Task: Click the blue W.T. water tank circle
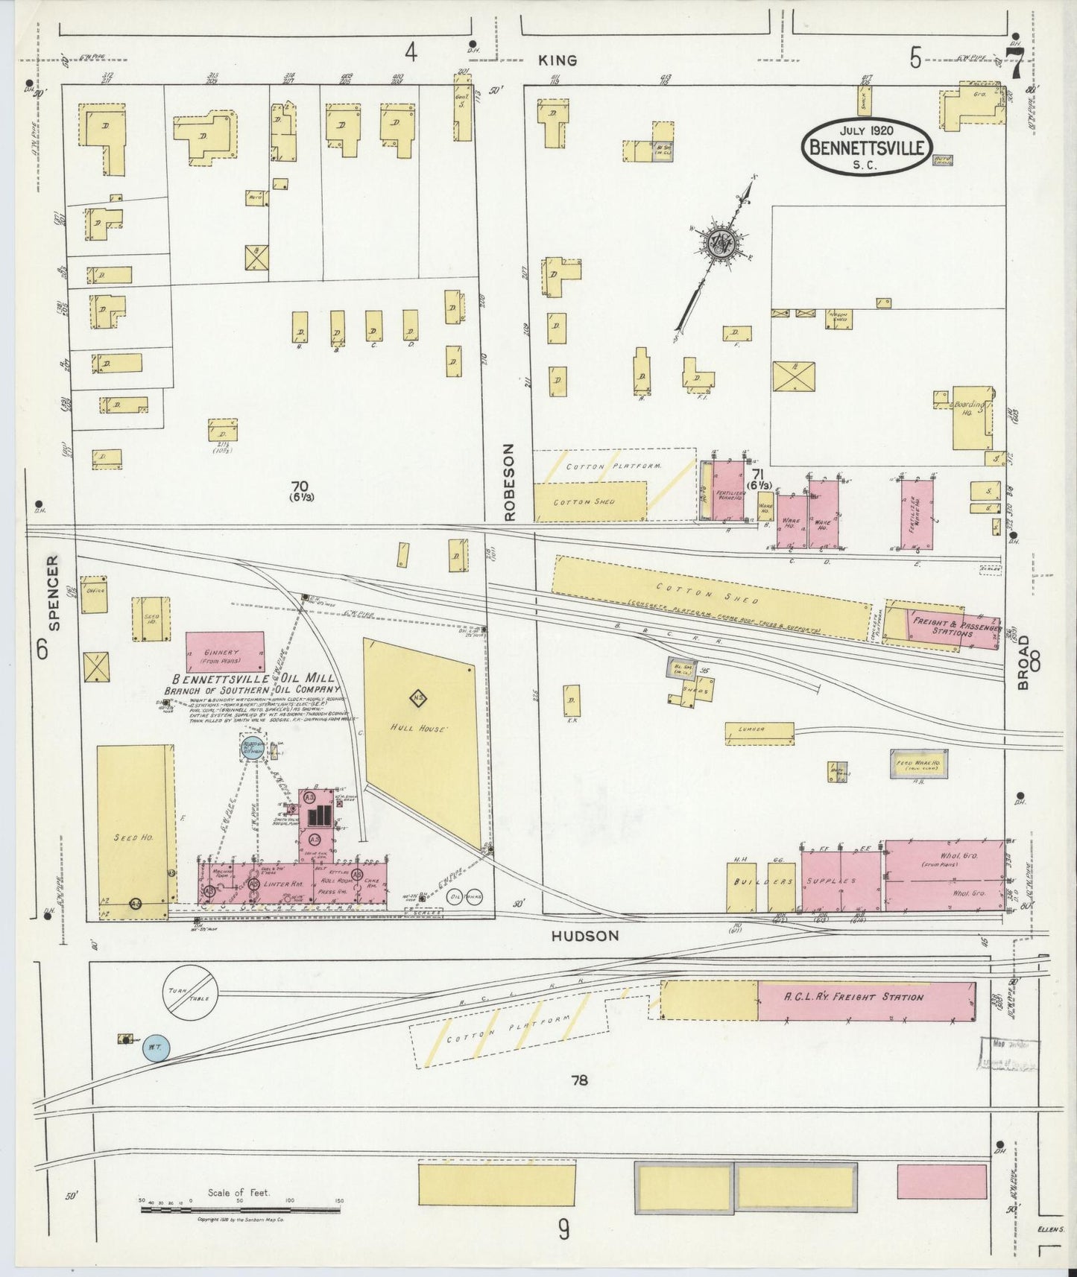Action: tap(157, 1047)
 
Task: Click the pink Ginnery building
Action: tap(224, 653)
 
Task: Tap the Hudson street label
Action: tap(585, 936)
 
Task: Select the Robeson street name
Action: tap(509, 481)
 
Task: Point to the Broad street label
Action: tap(1023, 662)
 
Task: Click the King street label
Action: tap(558, 60)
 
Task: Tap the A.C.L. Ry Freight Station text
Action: tap(853, 997)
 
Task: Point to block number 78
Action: tap(579, 1080)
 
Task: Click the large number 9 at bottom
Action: tap(563, 1229)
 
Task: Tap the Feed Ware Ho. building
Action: tap(919, 764)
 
